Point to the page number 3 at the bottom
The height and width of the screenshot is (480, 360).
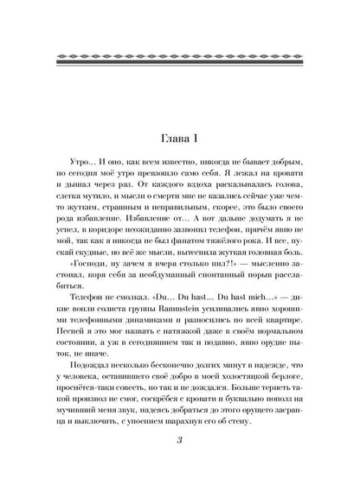pos(180,443)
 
